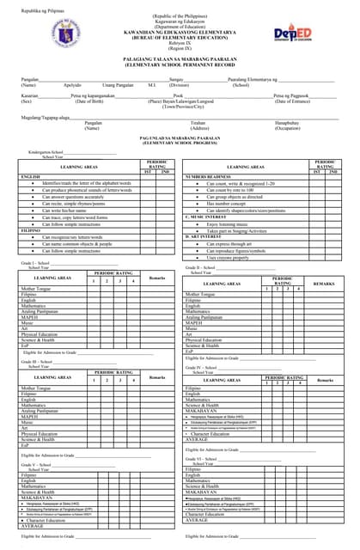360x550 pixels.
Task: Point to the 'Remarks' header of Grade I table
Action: tap(157, 278)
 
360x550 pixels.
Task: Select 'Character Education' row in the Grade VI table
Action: tap(211, 513)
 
